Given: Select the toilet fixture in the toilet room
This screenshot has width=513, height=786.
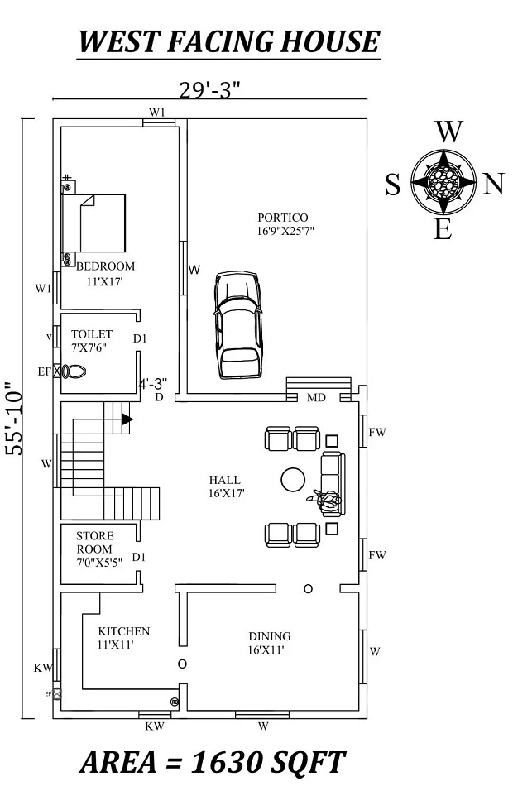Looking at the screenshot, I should [74, 371].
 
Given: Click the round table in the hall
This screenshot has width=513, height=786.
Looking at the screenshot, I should [293, 479].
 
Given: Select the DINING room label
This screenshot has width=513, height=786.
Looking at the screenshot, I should [270, 636].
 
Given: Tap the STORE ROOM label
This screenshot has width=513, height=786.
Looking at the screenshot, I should [94, 543].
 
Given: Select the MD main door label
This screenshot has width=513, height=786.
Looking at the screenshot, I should [317, 398].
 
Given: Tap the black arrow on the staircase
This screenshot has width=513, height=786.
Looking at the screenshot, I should [127, 419].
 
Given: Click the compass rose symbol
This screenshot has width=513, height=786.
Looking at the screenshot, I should [444, 181].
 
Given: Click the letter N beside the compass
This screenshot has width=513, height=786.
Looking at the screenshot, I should [493, 185].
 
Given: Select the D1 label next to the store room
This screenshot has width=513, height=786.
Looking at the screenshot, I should [139, 557].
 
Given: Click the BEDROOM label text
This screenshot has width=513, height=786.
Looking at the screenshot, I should [105, 266].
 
